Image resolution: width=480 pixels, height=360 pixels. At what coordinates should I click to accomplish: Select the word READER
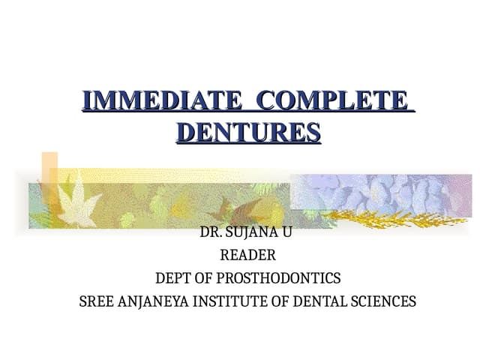point(247,256)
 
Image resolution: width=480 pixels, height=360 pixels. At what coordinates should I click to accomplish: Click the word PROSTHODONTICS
point(278,279)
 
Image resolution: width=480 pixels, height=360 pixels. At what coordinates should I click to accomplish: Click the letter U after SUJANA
point(287,232)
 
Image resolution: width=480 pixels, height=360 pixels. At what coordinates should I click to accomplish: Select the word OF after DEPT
point(203,279)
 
